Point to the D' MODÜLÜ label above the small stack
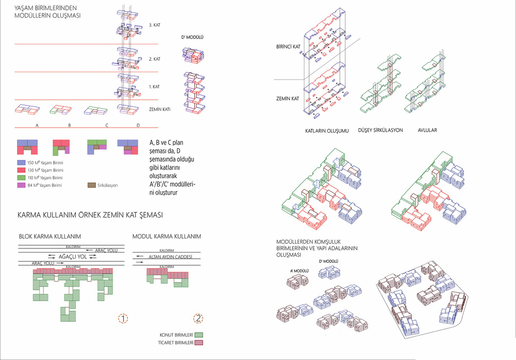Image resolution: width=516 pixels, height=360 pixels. coord(192,38)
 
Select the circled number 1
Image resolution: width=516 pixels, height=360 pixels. coord(123,318)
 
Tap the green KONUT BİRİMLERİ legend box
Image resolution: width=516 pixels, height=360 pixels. coord(198,335)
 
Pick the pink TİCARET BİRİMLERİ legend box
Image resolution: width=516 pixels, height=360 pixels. coord(198,342)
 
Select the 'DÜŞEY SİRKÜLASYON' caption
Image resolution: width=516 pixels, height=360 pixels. coord(380,130)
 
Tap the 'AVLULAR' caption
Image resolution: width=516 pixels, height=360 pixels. coord(427,130)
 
